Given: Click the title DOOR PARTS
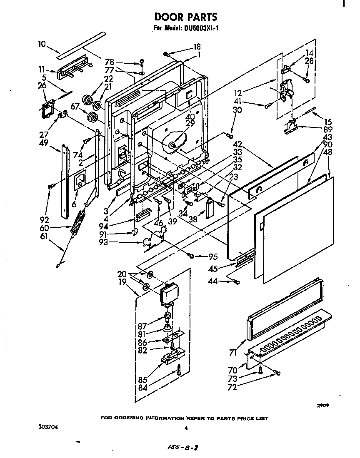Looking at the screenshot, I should tap(185, 17).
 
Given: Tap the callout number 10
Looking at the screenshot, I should tap(42, 43).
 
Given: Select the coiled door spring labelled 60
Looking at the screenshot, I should tap(78, 225).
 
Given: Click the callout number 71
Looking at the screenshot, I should tap(233, 353).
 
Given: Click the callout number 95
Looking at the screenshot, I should tap(213, 256).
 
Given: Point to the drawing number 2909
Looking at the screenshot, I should tap(324, 405).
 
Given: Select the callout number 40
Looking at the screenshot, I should tap(190, 117).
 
